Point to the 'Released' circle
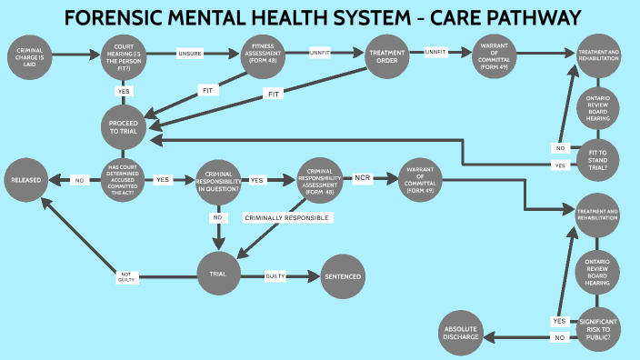click(x=29, y=180)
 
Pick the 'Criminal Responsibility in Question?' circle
click(x=218, y=180)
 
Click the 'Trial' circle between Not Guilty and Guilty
click(x=218, y=272)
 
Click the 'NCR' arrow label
click(x=363, y=178)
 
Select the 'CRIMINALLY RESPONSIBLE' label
click(x=287, y=218)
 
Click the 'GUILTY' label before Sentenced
click(x=276, y=275)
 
